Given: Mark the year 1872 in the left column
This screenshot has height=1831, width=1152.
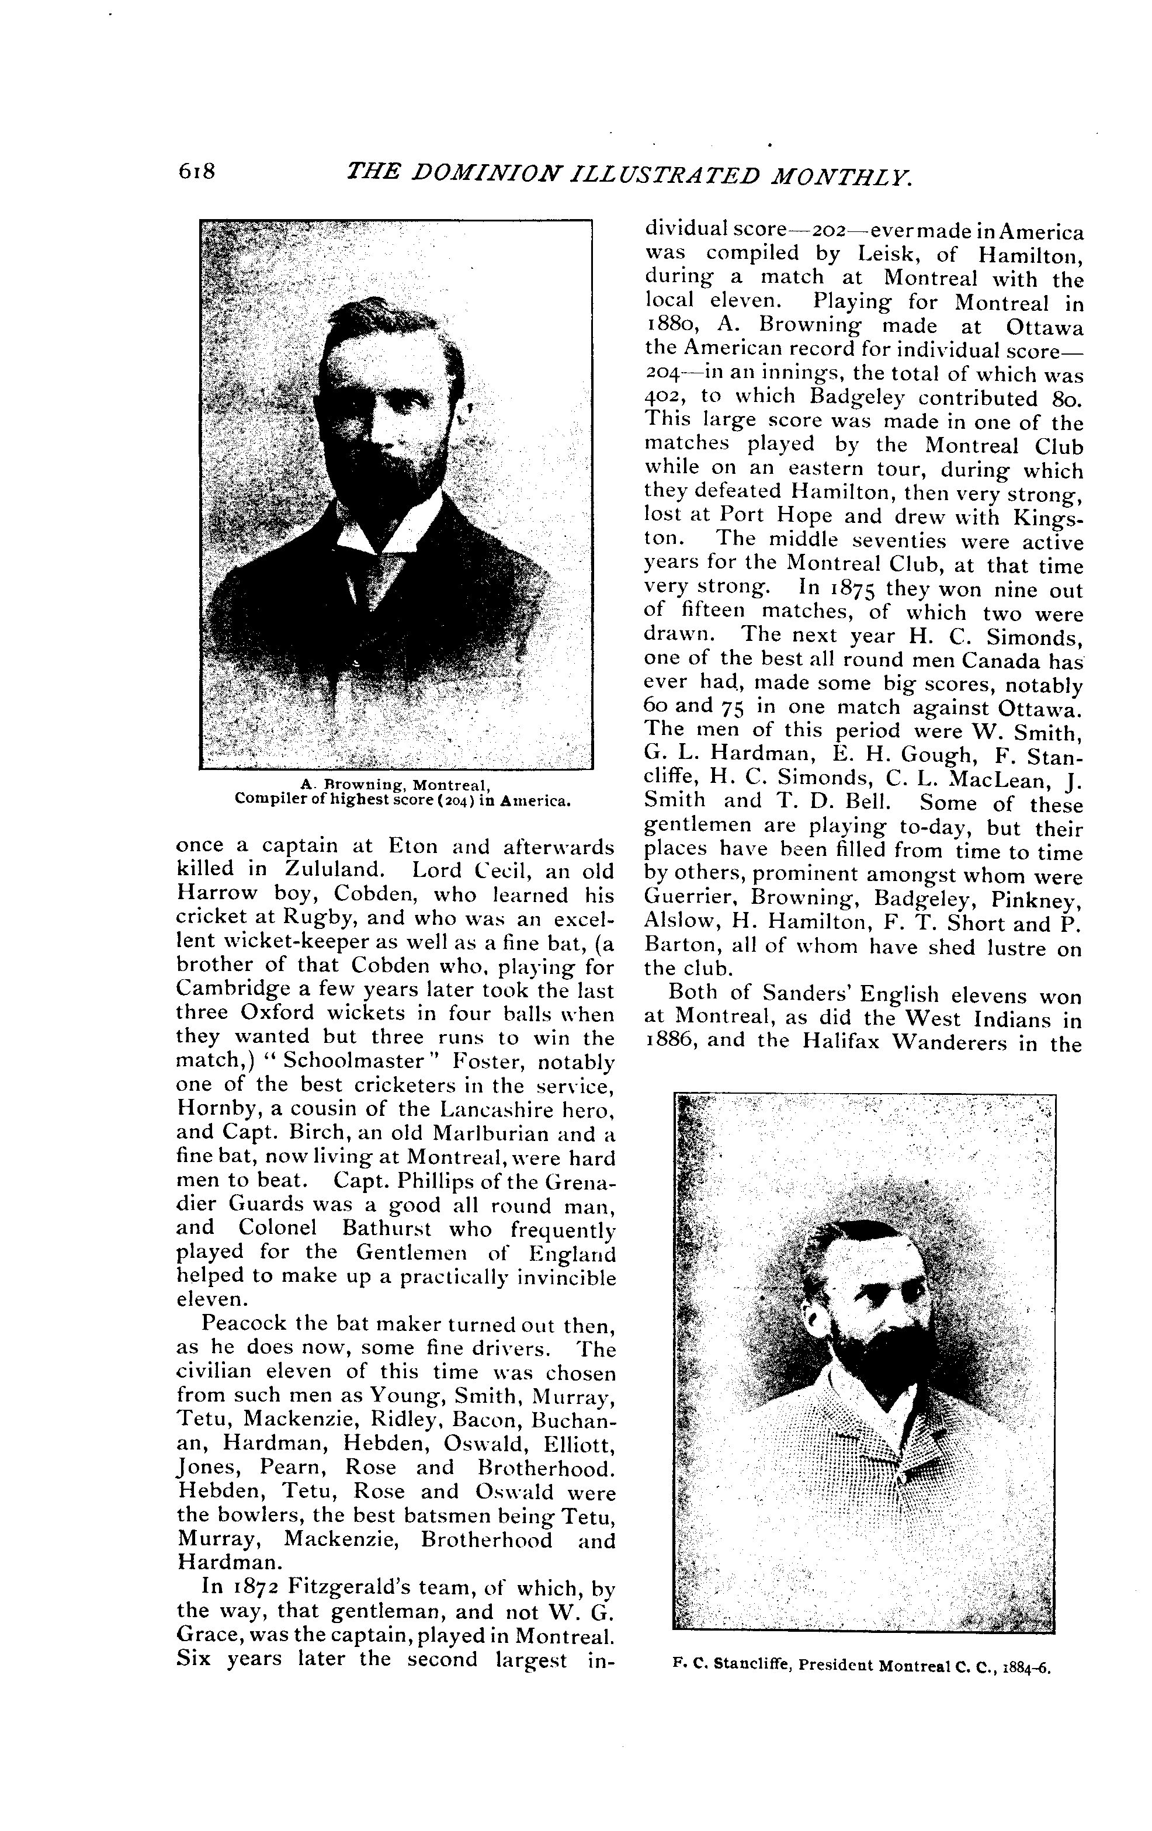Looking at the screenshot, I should [x=258, y=1587].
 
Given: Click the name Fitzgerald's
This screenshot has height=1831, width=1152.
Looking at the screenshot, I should [x=350, y=1587].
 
